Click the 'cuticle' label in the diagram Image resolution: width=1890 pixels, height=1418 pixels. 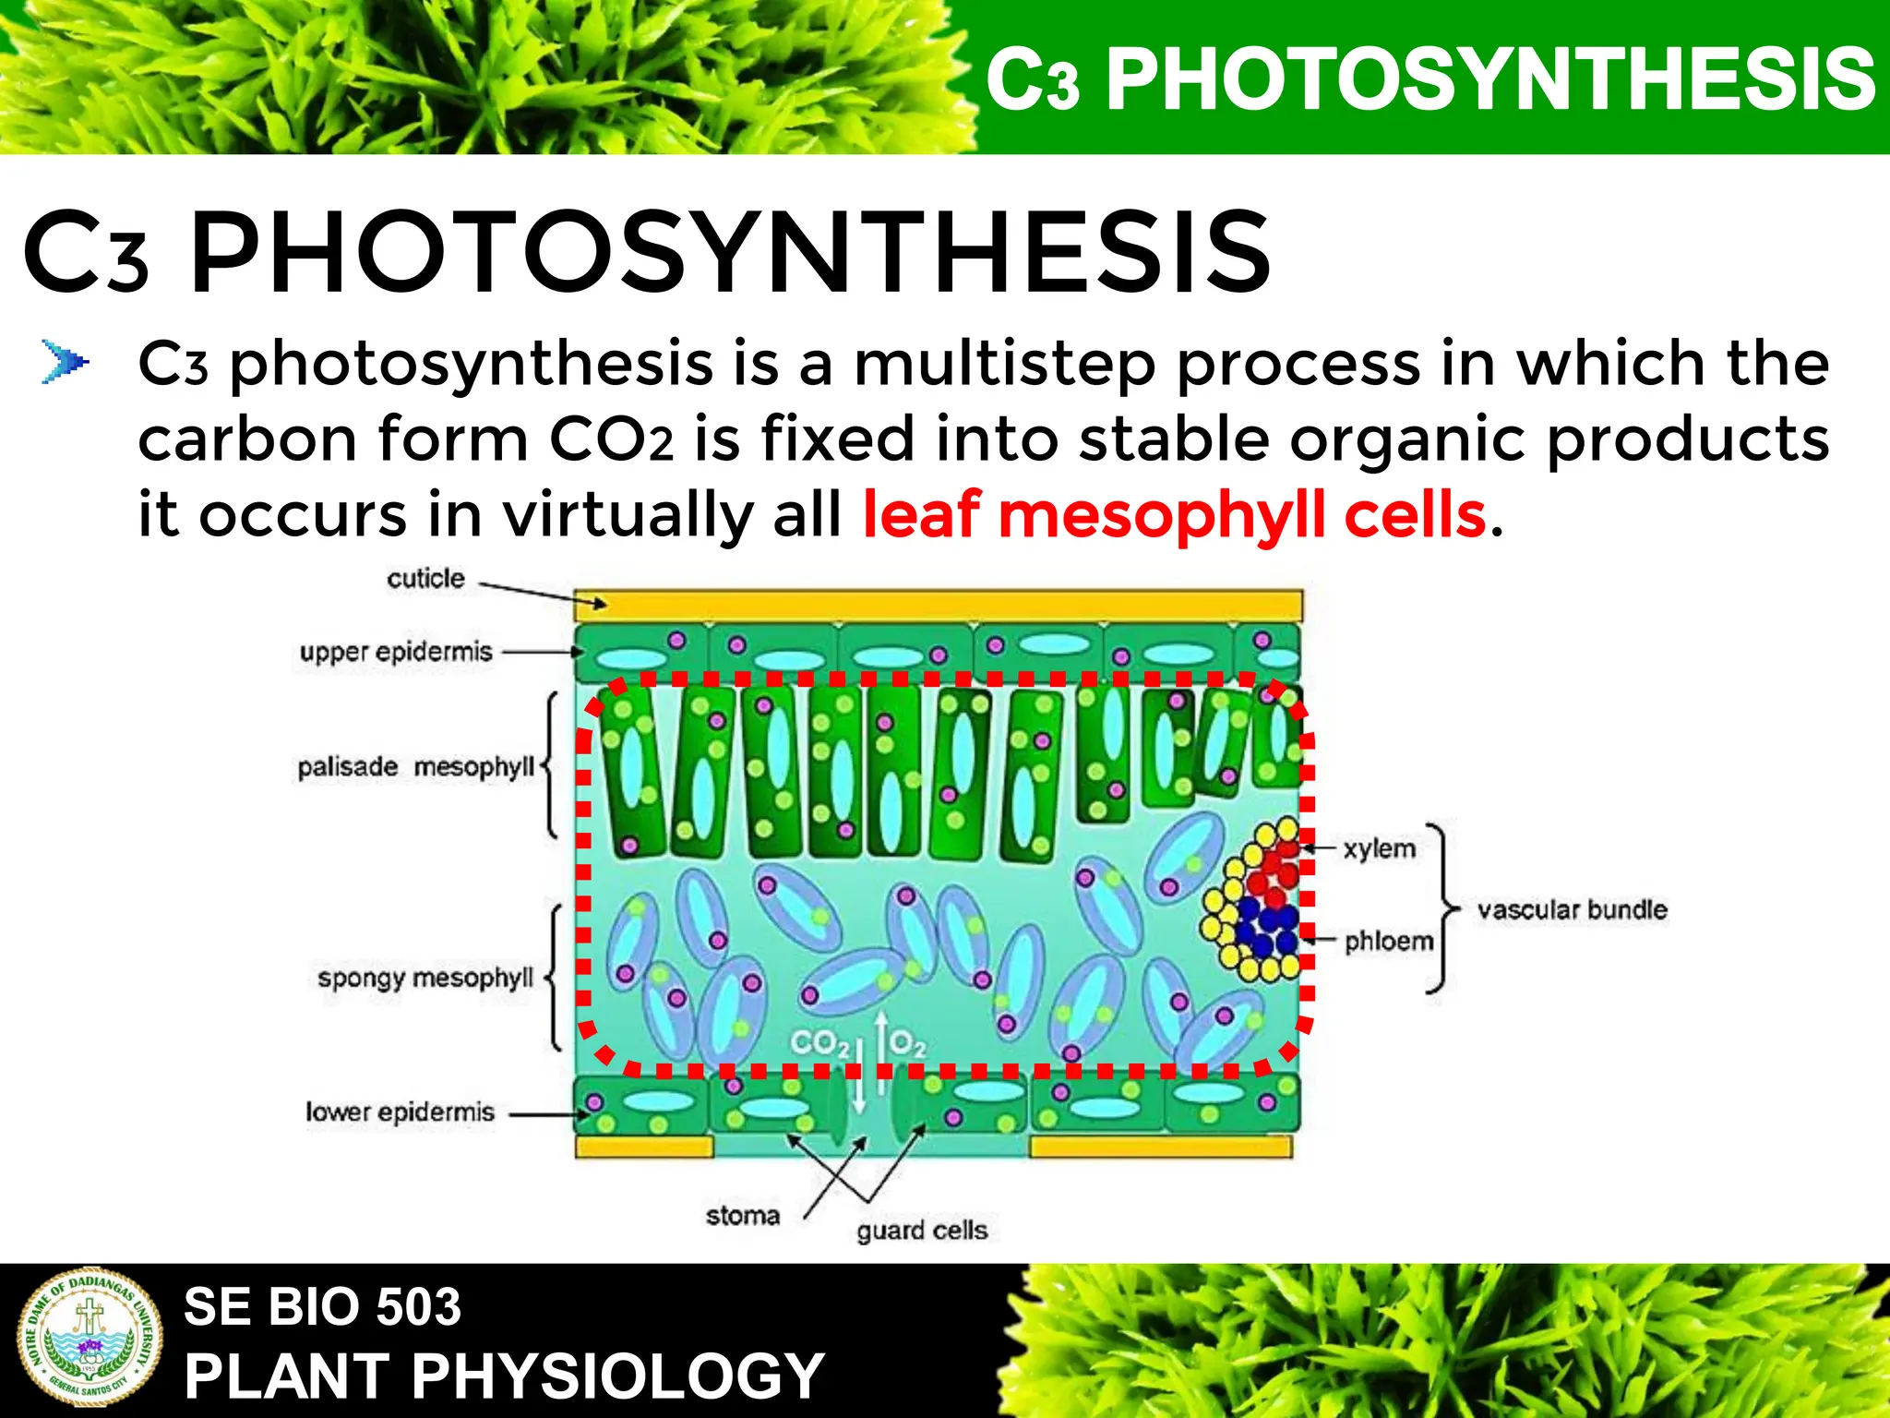tap(425, 579)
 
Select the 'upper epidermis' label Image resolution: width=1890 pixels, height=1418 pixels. tap(396, 652)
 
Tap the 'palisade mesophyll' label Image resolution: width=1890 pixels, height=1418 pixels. tap(415, 767)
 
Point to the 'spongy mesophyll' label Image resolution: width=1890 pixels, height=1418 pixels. tap(425, 978)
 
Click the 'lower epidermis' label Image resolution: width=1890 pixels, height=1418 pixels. tap(400, 1112)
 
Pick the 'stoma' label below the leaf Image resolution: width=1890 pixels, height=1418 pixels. tap(742, 1216)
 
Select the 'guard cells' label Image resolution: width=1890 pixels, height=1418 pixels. tap(921, 1231)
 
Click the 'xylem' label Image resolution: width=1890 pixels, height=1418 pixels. tap(1379, 848)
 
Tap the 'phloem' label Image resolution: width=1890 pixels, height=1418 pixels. tap(1389, 942)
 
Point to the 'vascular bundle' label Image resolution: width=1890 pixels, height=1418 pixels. tap(1572, 910)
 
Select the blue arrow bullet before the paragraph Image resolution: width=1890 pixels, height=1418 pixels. tap(66, 362)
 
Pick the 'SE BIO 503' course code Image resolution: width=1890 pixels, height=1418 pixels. tap(322, 1306)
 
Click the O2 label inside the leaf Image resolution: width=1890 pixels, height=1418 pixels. tap(906, 1043)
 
